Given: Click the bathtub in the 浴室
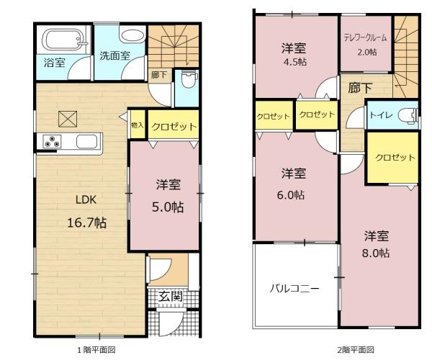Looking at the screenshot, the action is click(65, 40).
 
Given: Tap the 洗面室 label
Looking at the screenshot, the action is click(114, 56).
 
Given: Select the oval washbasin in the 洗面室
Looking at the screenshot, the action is click(132, 36).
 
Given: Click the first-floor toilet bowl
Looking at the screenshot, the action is click(189, 79).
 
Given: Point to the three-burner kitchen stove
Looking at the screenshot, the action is click(52, 141).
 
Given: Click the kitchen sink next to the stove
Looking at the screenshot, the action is click(87, 141).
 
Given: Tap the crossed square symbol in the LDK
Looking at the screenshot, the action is click(68, 119).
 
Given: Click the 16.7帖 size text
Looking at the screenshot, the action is click(87, 222).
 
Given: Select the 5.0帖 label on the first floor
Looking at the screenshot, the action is click(168, 207).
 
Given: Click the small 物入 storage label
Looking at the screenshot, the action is click(138, 125).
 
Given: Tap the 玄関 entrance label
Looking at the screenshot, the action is click(171, 297).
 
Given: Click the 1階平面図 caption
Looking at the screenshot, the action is click(96, 350).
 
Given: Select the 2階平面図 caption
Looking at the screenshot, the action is click(356, 350).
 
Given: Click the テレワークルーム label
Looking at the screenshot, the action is click(365, 38).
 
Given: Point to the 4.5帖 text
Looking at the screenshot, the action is click(295, 62).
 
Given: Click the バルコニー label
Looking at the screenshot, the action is click(294, 289).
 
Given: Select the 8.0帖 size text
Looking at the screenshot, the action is click(376, 253).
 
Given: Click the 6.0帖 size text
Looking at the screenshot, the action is click(291, 195).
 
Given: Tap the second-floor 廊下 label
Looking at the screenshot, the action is click(360, 88).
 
